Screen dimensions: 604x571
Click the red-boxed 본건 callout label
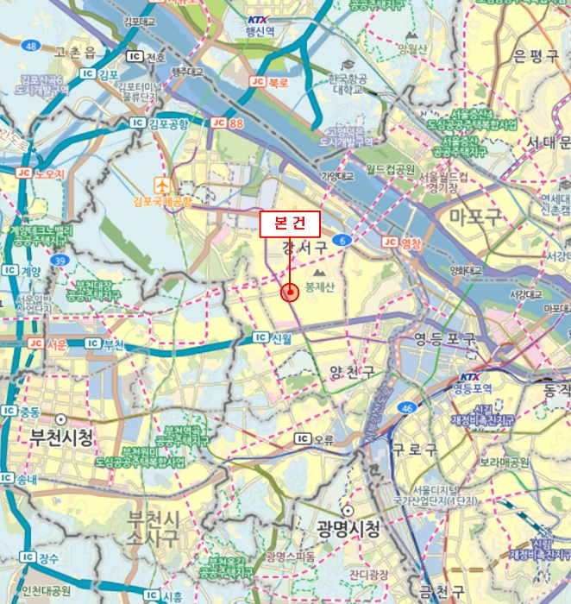pyautogui.click(x=290, y=223)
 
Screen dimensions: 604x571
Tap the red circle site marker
pyautogui.click(x=290, y=293)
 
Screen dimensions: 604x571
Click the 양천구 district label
pyautogui.click(x=352, y=373)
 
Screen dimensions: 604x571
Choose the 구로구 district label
pyautogui.click(x=415, y=450)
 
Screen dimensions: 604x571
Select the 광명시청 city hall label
pyautogui.click(x=348, y=527)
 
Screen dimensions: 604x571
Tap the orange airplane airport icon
pyautogui.click(x=161, y=185)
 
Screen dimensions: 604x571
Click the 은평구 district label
pyautogui.click(x=536, y=57)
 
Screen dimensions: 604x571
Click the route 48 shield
pyautogui.click(x=32, y=45)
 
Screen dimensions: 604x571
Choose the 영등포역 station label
pyautogui.click(x=469, y=388)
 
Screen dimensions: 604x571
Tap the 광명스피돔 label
pyautogui.click(x=290, y=556)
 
